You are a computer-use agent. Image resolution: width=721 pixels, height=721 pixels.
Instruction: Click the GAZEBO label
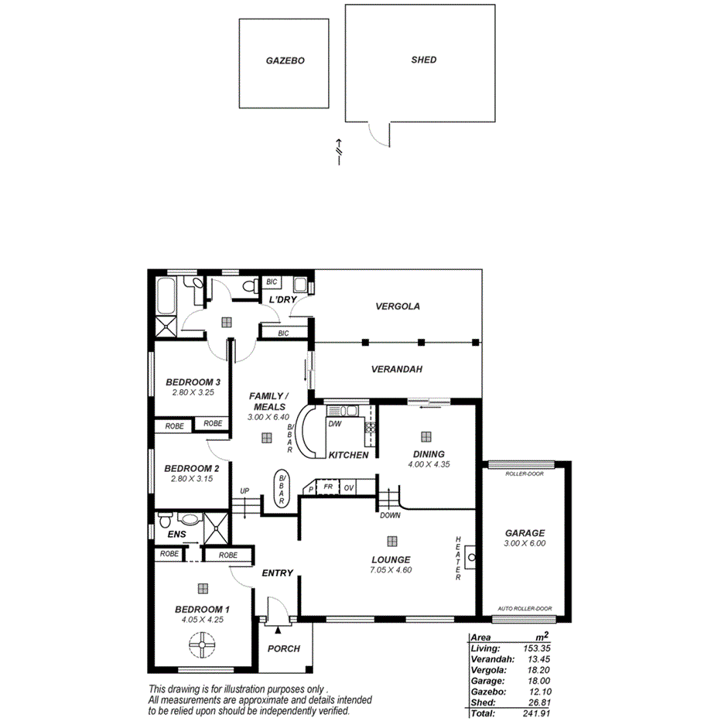(x=285, y=60)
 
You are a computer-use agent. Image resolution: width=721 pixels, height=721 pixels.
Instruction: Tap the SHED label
(x=424, y=60)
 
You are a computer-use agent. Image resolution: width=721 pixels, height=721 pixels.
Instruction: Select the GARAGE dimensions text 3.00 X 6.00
(x=525, y=543)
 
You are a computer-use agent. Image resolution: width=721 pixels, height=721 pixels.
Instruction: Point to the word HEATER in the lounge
(x=458, y=559)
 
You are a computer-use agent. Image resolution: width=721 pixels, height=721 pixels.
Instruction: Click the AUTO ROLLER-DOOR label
(x=525, y=608)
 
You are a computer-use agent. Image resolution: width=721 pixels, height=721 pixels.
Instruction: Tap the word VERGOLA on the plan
(x=398, y=306)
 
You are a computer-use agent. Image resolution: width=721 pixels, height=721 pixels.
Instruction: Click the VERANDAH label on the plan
(x=396, y=370)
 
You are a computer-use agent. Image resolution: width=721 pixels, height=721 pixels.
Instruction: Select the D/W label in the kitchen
(x=335, y=424)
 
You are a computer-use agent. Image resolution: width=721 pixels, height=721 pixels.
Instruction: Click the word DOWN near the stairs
(x=390, y=514)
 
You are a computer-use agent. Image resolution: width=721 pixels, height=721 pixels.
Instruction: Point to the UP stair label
(x=244, y=490)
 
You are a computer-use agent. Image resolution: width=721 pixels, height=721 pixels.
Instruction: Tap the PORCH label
(x=283, y=649)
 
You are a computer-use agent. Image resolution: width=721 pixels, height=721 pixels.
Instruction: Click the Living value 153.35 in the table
(x=533, y=648)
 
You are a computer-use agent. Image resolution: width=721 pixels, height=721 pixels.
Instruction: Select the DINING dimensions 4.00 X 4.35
(x=429, y=465)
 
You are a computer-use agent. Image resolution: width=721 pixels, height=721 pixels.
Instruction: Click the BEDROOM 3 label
(x=193, y=382)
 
